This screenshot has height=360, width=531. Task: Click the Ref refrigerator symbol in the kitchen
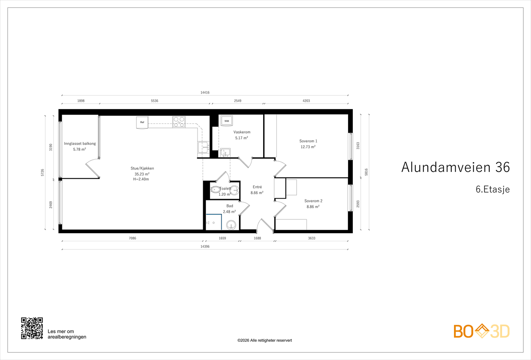(x=142, y=122)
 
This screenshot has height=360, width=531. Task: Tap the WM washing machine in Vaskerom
(x=227, y=121)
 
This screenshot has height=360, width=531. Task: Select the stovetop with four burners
(x=179, y=122)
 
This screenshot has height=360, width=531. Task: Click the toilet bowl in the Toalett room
(x=215, y=190)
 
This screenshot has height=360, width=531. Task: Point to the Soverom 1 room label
(x=308, y=141)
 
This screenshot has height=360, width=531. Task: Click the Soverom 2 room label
(x=313, y=201)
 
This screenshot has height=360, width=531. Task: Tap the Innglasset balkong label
(x=80, y=144)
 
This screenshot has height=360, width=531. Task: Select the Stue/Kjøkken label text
(x=142, y=168)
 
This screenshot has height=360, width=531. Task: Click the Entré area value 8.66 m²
(x=257, y=193)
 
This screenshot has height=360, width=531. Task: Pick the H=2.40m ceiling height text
(x=141, y=179)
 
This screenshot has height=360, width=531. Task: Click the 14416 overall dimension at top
(x=205, y=93)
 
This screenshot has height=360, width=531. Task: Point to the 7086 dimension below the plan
(x=132, y=238)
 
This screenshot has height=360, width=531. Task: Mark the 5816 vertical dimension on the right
(x=366, y=172)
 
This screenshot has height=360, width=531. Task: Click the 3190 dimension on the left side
(x=51, y=147)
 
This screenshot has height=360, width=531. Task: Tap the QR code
(x=32, y=328)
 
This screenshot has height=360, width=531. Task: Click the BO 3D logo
(x=481, y=331)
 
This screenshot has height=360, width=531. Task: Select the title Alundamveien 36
(x=455, y=167)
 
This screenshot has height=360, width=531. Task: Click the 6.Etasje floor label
(x=493, y=189)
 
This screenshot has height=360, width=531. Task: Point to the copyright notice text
(x=265, y=340)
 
